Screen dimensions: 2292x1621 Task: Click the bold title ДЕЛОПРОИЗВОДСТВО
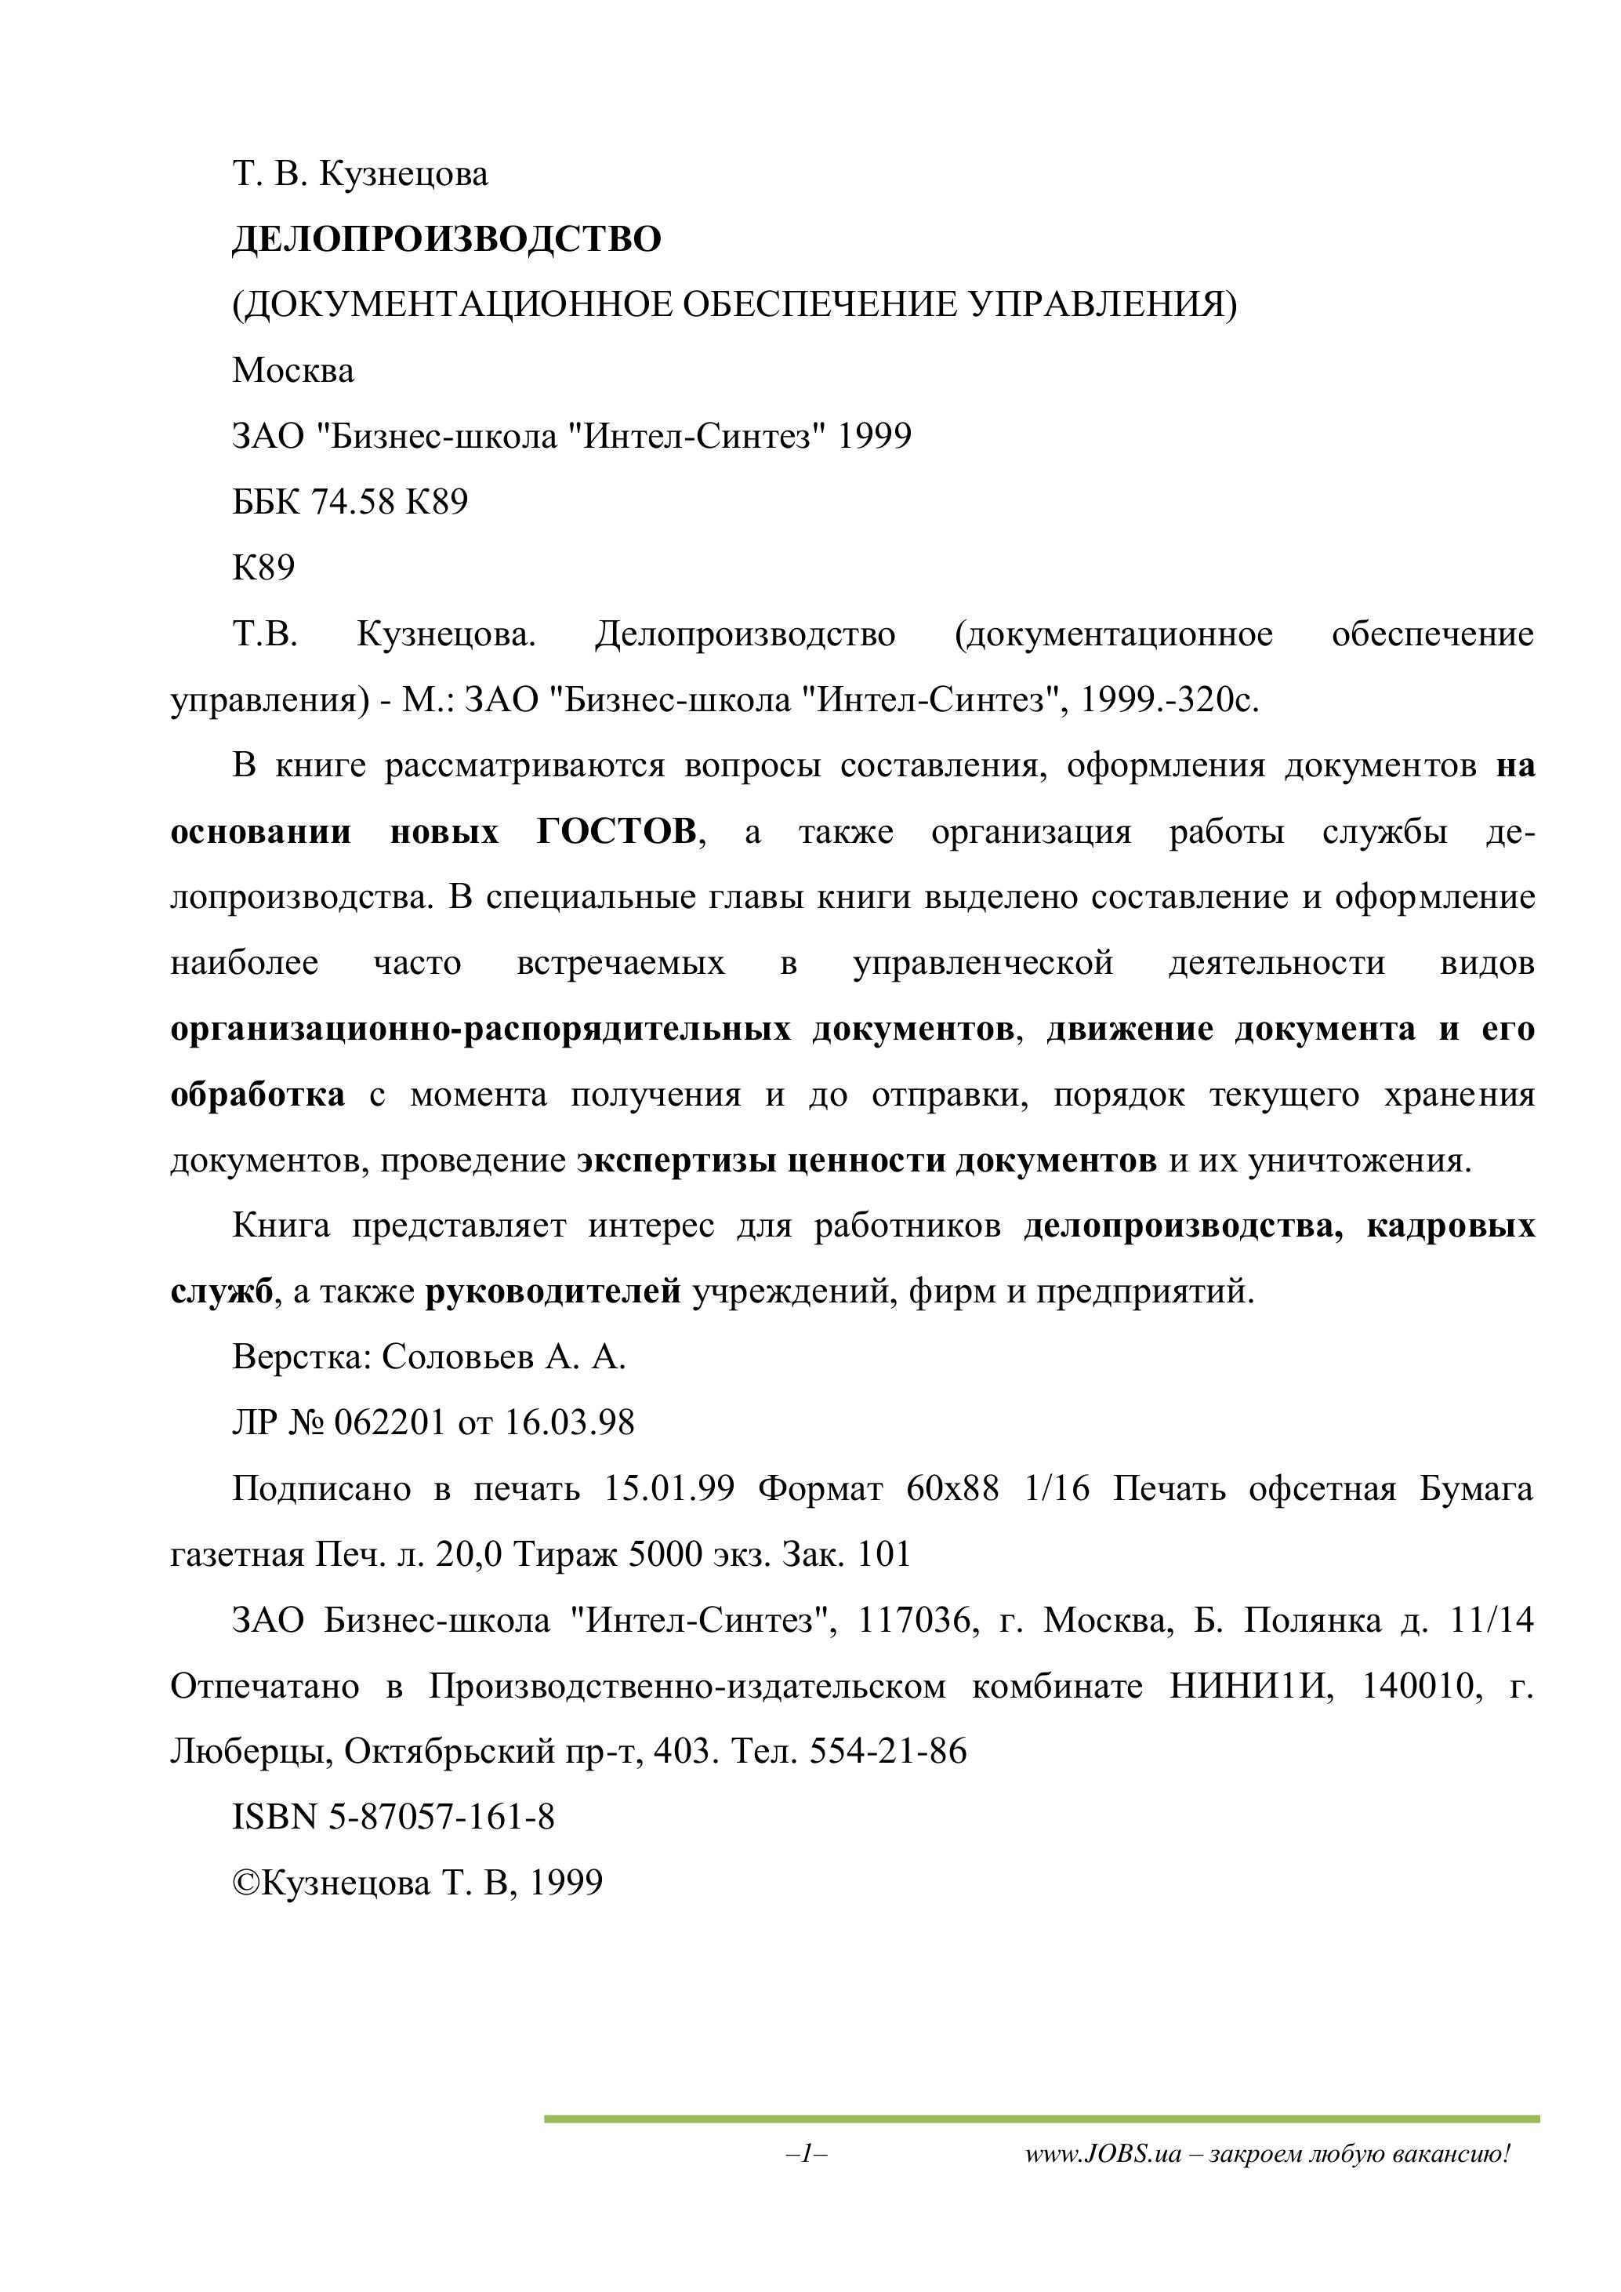(446, 240)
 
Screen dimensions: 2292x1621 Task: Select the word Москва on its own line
(292, 372)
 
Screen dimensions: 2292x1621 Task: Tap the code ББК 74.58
(314, 502)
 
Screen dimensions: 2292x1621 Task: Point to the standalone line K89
(263, 568)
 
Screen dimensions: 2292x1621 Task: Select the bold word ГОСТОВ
(616, 831)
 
